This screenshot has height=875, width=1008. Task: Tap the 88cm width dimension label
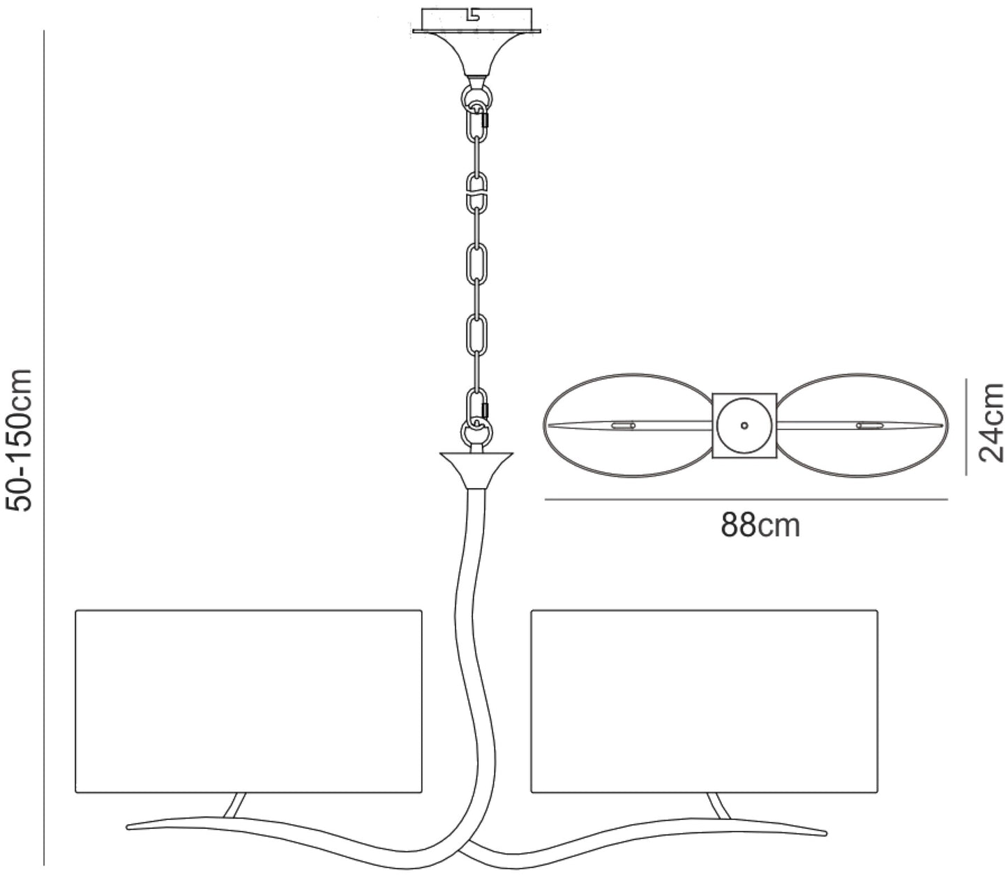coord(760,525)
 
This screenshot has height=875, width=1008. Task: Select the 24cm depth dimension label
coord(991,423)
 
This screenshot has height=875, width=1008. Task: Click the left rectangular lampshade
coord(248,701)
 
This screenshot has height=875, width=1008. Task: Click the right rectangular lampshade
coord(704,701)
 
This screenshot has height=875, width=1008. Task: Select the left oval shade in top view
coord(625,425)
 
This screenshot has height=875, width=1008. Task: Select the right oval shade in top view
coord(863,425)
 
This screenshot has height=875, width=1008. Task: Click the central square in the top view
coord(744,425)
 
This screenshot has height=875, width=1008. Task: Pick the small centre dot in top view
coord(744,425)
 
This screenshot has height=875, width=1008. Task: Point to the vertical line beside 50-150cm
coord(44,446)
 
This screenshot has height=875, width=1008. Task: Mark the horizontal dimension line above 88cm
coord(745,499)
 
